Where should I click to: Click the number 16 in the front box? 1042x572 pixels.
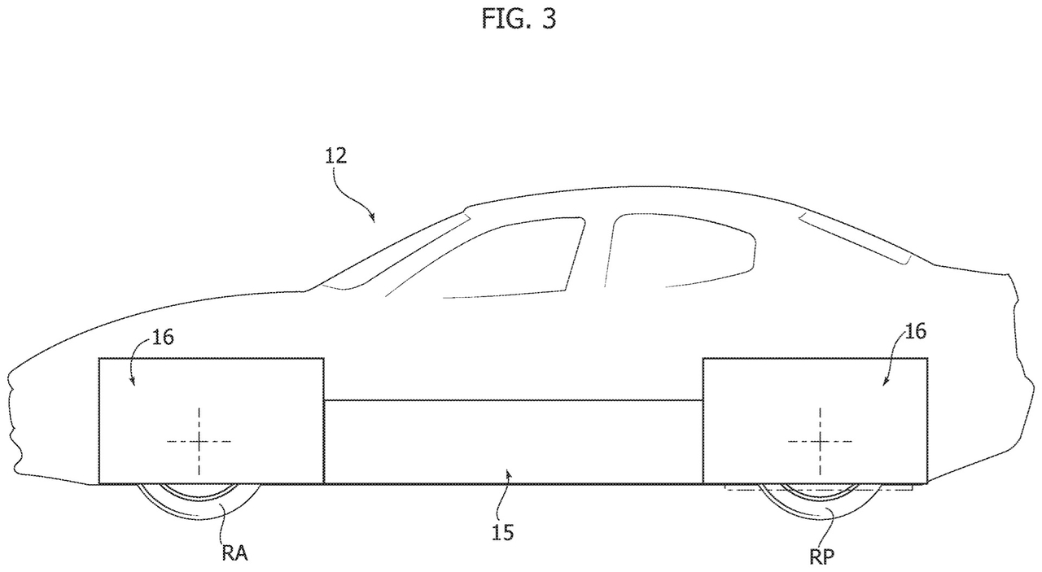[163, 338]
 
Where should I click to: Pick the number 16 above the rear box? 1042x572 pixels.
[914, 331]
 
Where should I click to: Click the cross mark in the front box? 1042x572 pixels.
[198, 441]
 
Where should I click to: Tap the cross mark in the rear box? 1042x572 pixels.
[820, 441]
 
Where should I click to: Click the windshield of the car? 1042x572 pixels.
[391, 248]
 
